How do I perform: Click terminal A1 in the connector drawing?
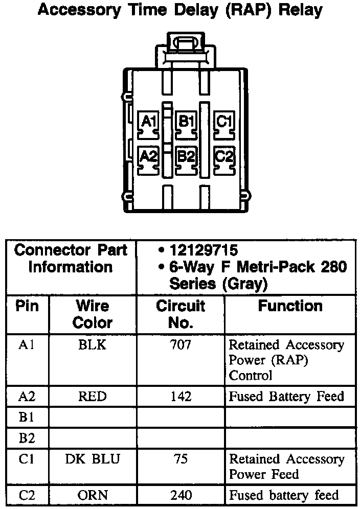click(149, 123)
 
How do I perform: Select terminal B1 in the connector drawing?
click(186, 123)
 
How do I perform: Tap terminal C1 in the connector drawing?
click(224, 123)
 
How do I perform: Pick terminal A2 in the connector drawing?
click(149, 156)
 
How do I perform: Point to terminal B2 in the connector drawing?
click(186, 156)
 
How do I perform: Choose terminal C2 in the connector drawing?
click(224, 156)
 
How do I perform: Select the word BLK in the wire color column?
click(93, 345)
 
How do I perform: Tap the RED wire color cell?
click(93, 396)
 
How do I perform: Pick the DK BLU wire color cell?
click(93, 459)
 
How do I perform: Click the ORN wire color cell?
click(93, 495)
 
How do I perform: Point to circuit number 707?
click(180, 345)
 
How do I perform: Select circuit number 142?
click(180, 396)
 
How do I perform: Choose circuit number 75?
click(180, 459)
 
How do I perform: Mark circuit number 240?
click(180, 495)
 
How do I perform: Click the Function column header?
click(290, 306)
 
